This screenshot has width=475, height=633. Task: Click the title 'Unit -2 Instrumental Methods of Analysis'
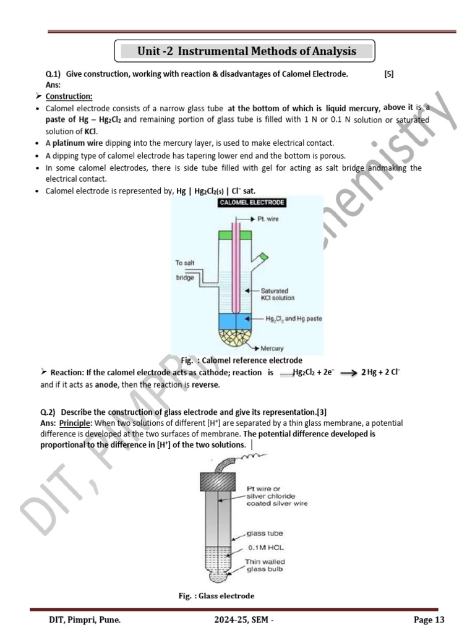point(246,51)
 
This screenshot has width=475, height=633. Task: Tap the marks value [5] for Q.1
point(388,74)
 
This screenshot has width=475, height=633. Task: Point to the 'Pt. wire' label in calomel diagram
point(271,219)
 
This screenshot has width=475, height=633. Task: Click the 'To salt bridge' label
point(186,270)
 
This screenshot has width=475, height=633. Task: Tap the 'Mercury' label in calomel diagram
point(272,349)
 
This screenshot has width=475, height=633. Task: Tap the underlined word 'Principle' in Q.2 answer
point(75,423)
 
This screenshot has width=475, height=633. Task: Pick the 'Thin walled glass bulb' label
point(265,566)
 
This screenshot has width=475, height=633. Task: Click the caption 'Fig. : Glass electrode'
point(216,596)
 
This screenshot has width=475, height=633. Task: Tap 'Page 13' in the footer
point(429,620)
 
